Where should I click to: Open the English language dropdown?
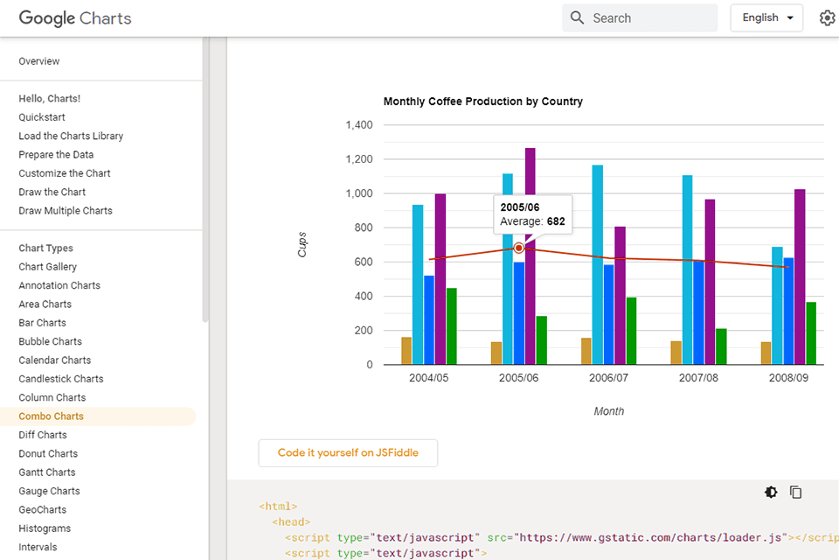click(x=766, y=17)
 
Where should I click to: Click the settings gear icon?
click(x=827, y=17)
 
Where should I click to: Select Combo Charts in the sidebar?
click(x=52, y=416)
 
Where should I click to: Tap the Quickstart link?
click(x=42, y=117)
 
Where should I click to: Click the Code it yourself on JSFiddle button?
click(x=348, y=453)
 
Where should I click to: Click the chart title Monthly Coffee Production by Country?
click(x=482, y=101)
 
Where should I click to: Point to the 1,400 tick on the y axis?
click(x=358, y=125)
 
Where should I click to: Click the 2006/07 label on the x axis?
click(x=608, y=378)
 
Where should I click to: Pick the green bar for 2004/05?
click(x=452, y=326)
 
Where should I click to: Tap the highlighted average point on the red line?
click(x=518, y=248)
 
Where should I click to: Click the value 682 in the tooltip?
click(x=556, y=222)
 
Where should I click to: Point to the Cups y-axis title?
click(x=302, y=244)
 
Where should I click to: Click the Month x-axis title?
click(x=609, y=411)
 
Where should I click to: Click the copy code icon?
click(x=796, y=493)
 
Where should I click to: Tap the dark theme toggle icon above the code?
click(x=771, y=493)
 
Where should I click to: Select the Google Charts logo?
click(x=75, y=17)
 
